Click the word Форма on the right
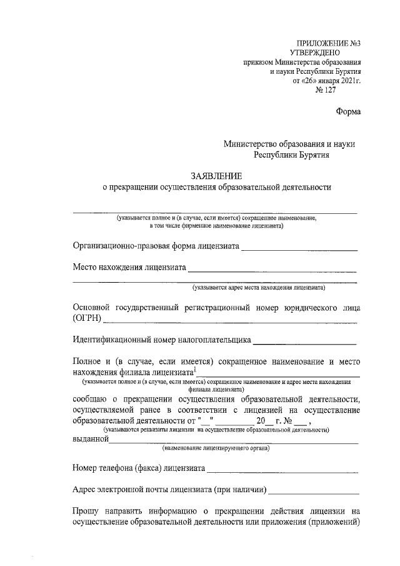347,112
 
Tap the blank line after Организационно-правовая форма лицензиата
299,250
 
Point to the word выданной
91,439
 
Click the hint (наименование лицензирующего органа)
216,448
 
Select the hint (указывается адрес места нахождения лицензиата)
257,288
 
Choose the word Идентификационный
116,341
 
